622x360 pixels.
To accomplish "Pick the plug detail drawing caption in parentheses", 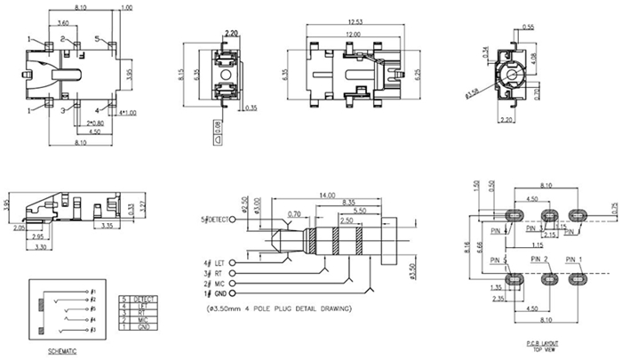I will tap(276, 309).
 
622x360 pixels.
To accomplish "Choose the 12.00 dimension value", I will tap(355, 33).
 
